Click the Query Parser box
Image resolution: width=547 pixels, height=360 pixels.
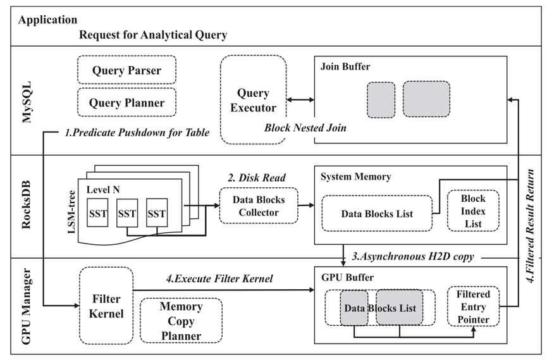point(126,71)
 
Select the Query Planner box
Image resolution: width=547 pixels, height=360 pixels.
point(126,102)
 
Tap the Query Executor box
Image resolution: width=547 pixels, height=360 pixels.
point(253,100)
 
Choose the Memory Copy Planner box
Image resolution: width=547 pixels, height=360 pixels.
point(180,321)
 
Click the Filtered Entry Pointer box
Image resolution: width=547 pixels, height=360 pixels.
point(473,306)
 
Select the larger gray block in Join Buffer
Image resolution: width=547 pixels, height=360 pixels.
point(426,99)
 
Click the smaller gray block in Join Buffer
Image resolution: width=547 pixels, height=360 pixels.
point(381,99)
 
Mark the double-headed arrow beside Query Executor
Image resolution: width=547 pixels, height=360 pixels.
point(300,100)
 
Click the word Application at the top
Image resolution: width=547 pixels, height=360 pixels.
point(48,20)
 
